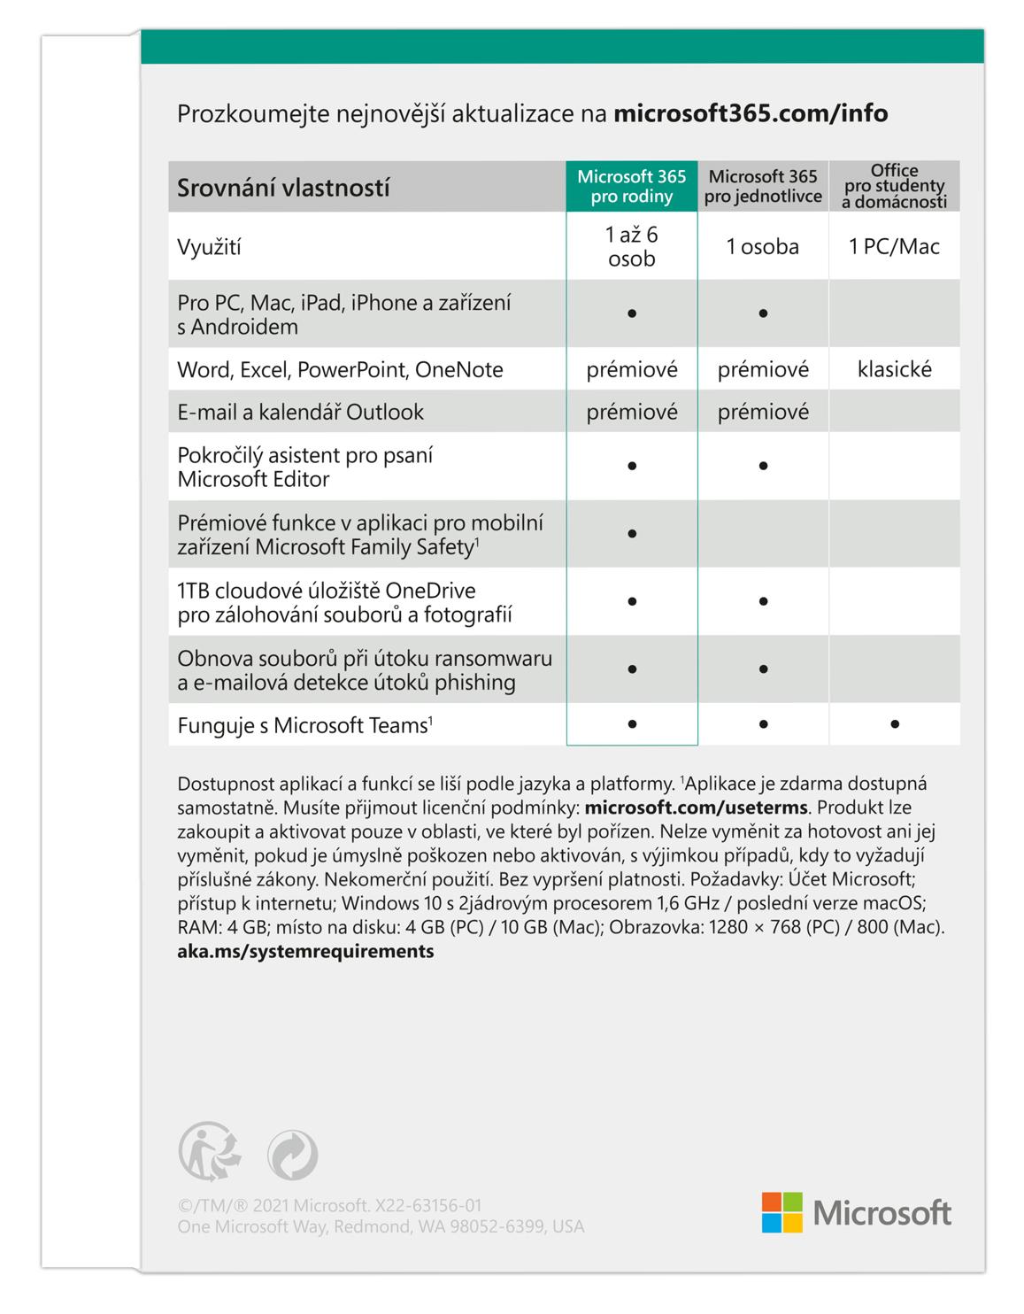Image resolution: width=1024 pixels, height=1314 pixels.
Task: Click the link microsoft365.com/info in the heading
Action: click(x=750, y=114)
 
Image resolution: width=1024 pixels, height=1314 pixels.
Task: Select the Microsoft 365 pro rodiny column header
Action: click(x=631, y=187)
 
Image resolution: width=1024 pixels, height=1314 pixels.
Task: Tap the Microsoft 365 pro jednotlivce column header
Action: click(x=763, y=187)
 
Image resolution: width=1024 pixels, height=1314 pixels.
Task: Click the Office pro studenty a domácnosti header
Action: click(x=894, y=186)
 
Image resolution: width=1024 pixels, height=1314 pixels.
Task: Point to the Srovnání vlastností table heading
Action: click(x=283, y=188)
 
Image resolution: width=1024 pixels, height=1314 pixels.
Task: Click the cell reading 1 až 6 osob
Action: click(x=631, y=247)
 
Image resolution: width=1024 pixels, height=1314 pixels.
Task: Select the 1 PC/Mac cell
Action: click(x=894, y=247)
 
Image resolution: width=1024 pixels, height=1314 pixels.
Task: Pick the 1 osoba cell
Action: click(x=763, y=247)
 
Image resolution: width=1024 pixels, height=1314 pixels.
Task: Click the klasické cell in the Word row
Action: click(x=894, y=369)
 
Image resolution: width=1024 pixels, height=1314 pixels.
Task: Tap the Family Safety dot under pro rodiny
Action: click(x=632, y=534)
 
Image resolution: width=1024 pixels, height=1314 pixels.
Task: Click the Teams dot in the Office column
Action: click(x=895, y=724)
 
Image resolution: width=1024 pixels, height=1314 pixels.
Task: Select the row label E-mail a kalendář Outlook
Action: click(x=300, y=412)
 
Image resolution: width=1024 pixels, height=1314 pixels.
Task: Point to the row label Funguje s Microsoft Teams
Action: click(x=304, y=726)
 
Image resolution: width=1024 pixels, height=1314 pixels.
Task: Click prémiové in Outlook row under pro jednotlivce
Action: click(x=763, y=412)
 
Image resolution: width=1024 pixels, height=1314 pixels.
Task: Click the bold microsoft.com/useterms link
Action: click(x=696, y=808)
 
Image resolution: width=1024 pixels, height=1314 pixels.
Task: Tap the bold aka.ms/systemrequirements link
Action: click(x=305, y=952)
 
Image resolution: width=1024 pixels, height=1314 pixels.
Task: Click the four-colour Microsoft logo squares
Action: click(x=781, y=1212)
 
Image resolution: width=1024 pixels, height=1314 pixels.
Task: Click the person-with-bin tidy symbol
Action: click(x=209, y=1152)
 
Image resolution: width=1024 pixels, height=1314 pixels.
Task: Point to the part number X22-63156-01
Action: click(x=427, y=1205)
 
